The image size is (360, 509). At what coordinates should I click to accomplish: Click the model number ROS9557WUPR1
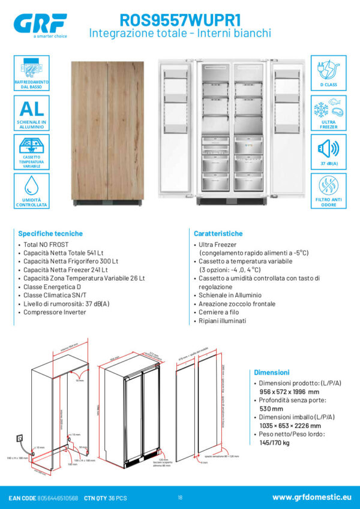coord(180,20)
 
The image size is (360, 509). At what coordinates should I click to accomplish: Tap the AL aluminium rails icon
coord(31,112)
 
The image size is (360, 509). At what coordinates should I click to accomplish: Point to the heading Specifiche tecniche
coord(50,233)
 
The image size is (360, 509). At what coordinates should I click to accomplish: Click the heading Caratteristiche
coord(218,233)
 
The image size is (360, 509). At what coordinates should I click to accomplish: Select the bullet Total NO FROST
coord(45,245)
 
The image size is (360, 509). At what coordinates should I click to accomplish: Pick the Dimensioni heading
coord(271,372)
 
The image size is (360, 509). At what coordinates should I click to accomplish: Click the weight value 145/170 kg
coord(274,443)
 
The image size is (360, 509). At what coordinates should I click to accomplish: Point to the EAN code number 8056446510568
coord(58,498)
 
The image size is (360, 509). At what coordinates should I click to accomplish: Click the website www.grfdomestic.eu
coord(311,497)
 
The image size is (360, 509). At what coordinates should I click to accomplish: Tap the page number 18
coord(180,498)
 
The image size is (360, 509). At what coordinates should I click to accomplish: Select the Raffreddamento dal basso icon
coord(31,73)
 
